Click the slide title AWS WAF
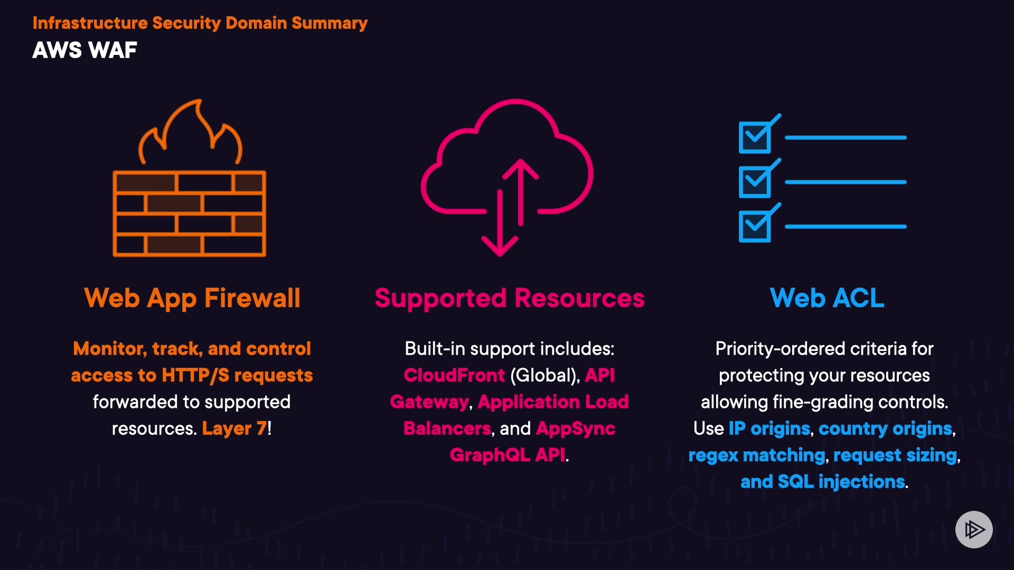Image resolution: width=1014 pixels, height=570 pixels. click(84, 51)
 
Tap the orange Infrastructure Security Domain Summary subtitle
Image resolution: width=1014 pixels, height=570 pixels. click(200, 23)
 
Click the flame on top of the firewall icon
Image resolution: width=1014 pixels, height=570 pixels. click(190, 132)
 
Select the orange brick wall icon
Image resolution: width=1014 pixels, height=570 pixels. click(189, 214)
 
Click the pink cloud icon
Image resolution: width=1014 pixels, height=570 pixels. click(507, 158)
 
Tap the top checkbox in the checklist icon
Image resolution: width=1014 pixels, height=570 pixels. click(755, 137)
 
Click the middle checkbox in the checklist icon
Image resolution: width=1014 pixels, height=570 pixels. click(755, 182)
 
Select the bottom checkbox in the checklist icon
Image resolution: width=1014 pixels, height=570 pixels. click(755, 226)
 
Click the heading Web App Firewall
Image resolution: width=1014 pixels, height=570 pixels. click(192, 298)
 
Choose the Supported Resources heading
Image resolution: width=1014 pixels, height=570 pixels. click(510, 298)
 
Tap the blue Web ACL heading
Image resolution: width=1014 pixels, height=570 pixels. click(827, 298)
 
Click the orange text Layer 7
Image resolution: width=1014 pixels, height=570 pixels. click(234, 429)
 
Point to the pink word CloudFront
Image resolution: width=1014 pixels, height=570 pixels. click(454, 375)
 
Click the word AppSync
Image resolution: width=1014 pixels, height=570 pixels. click(576, 429)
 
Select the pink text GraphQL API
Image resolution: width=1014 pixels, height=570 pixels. click(508, 455)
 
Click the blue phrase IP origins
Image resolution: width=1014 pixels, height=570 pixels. click(769, 429)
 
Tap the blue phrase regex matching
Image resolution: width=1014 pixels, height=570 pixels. click(756, 455)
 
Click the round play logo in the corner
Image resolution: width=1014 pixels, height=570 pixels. click(974, 529)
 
